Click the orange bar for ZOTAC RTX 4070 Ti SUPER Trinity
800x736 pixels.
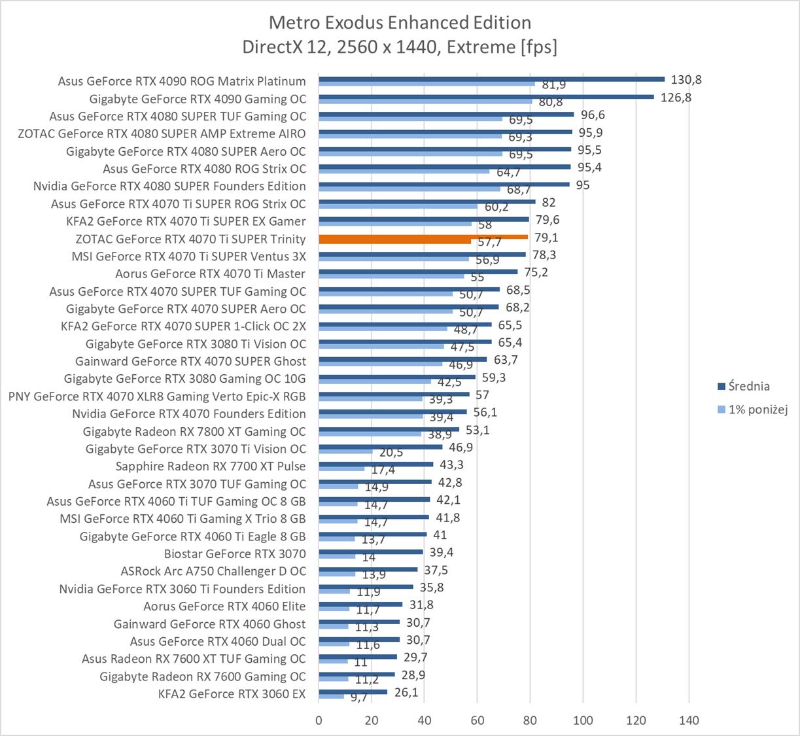(423, 237)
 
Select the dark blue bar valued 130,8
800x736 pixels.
(491, 79)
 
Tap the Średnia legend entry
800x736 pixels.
(748, 386)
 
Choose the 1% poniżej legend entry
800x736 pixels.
(757, 410)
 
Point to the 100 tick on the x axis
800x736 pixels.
(583, 720)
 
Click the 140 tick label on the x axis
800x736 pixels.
(689, 720)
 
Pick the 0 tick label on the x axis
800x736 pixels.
(319, 720)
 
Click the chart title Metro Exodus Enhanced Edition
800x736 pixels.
(400, 23)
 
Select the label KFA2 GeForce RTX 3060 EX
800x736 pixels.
(232, 693)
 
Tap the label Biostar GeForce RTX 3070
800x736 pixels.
(235, 553)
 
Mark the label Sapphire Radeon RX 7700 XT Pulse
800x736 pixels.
(211, 466)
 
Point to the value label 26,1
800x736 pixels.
(406, 692)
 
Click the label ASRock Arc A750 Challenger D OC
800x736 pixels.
(213, 571)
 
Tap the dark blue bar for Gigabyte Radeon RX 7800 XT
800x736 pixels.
(389, 429)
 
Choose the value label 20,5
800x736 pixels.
(391, 453)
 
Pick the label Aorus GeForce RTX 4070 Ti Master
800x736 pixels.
(211, 273)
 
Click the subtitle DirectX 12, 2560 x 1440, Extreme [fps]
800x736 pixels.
(400, 47)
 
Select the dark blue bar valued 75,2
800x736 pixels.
(418, 272)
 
